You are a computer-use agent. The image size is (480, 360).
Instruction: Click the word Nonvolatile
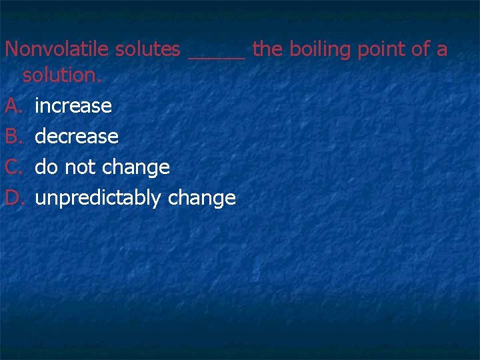[57, 49]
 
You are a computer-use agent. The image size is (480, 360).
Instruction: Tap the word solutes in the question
[148, 49]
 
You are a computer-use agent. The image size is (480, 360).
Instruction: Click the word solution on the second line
[62, 75]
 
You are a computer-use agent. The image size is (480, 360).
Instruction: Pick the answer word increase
[73, 106]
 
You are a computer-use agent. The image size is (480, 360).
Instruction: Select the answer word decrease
[76, 137]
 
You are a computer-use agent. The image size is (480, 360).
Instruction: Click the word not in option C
[81, 167]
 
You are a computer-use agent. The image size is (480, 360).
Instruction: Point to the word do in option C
[47, 167]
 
